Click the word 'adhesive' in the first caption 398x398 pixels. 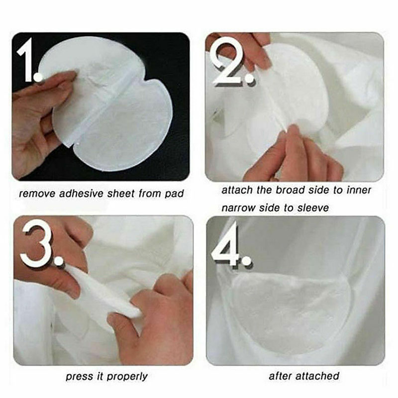pyautogui.click(x=81, y=194)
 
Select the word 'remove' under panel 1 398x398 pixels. pyautogui.click(x=37, y=194)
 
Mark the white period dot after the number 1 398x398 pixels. pyautogui.click(x=38, y=77)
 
